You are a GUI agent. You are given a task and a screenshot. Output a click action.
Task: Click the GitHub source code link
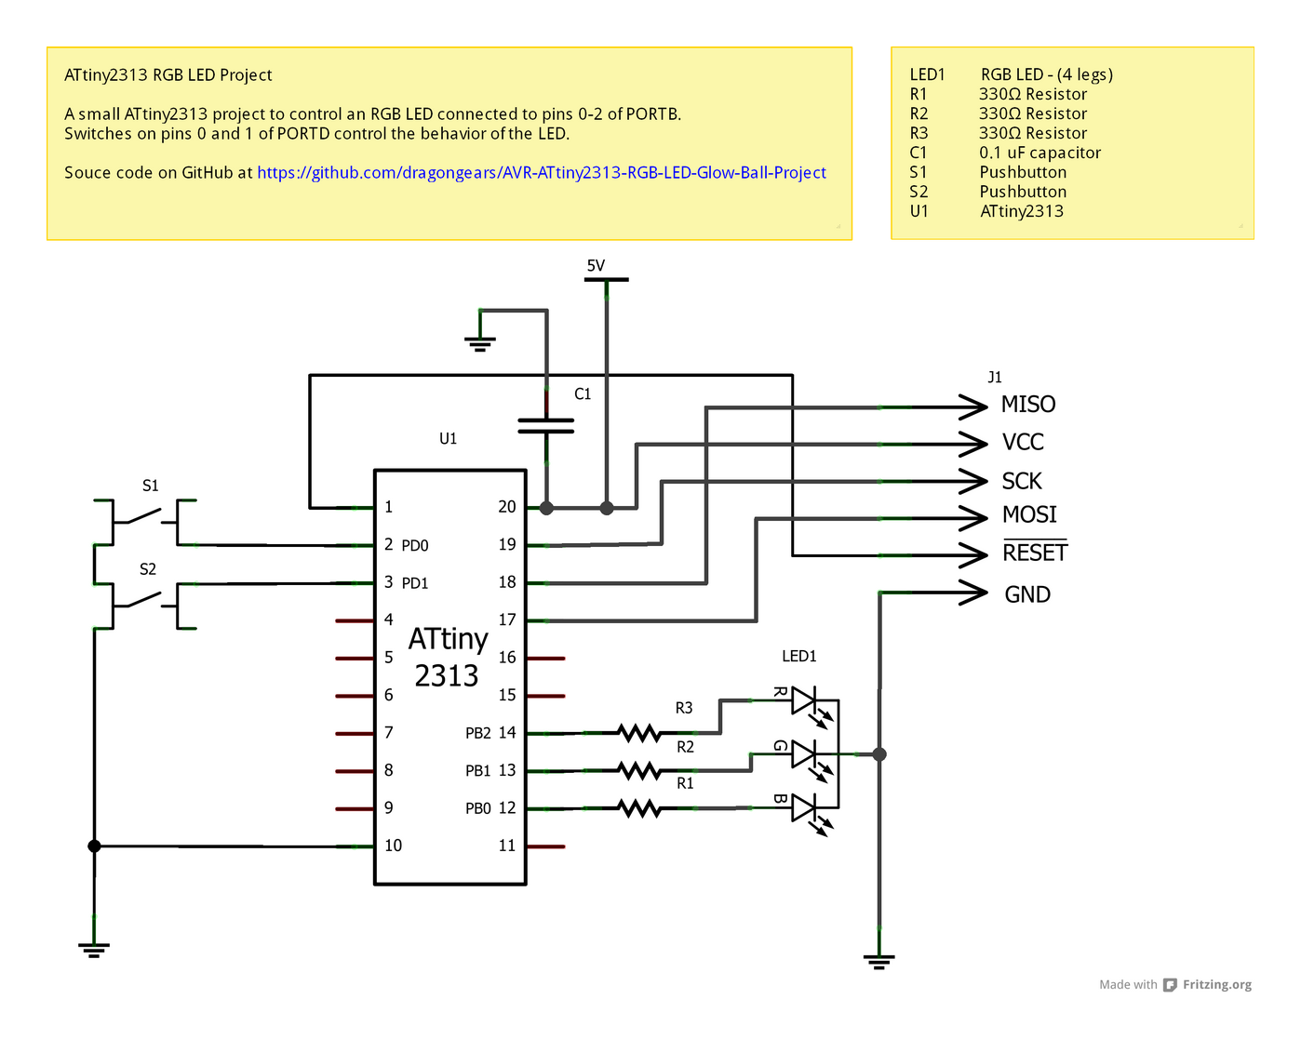(541, 173)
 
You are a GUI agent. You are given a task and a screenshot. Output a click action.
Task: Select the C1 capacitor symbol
(546, 425)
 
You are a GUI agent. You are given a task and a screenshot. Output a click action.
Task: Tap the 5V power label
(596, 266)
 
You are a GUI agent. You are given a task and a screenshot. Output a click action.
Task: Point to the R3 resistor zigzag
(640, 733)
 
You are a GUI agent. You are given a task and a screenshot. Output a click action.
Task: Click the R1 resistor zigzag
(640, 808)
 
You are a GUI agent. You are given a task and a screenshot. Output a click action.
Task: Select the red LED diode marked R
(804, 700)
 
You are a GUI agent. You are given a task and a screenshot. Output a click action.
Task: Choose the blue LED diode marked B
(804, 807)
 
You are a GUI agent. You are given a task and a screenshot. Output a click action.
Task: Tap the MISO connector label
(1028, 405)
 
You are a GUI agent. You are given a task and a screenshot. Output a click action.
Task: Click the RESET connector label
(1035, 553)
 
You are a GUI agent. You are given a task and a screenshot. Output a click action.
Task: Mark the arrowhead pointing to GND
(973, 593)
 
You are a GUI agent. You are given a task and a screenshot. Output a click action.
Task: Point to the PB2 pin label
(478, 733)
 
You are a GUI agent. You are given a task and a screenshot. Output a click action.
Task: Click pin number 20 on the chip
(506, 507)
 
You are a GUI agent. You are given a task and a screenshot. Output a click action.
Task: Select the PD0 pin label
(415, 545)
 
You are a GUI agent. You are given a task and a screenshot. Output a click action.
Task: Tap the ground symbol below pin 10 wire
(94, 948)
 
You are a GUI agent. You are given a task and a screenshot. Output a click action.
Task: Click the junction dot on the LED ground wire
(879, 754)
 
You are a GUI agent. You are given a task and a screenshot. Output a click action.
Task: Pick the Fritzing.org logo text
(1216, 985)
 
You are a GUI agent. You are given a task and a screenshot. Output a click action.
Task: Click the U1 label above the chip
(449, 438)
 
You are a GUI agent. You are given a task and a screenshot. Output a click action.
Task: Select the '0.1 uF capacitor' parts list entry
(1039, 153)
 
